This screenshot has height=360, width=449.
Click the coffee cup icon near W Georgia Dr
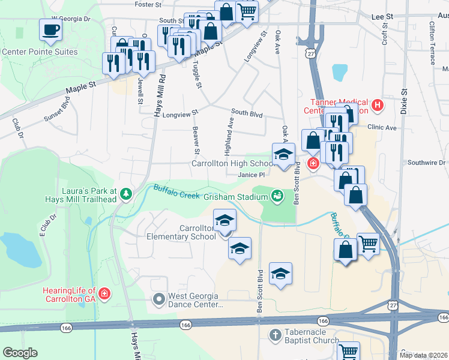click(x=50, y=29)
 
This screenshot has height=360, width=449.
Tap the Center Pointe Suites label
click(x=40, y=52)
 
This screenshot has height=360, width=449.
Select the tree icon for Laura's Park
click(x=125, y=193)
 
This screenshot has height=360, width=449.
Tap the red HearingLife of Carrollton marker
click(x=104, y=293)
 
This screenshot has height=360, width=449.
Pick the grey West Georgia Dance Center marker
click(x=158, y=298)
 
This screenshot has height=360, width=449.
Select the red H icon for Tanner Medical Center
click(x=377, y=106)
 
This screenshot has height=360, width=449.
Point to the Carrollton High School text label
click(x=232, y=163)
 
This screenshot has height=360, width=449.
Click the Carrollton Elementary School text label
click(x=181, y=232)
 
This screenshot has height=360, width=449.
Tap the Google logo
click(x=20, y=353)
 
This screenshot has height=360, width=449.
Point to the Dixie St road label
click(x=405, y=101)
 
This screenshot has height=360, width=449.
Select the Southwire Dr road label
click(x=426, y=163)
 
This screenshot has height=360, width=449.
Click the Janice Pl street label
click(x=251, y=175)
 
